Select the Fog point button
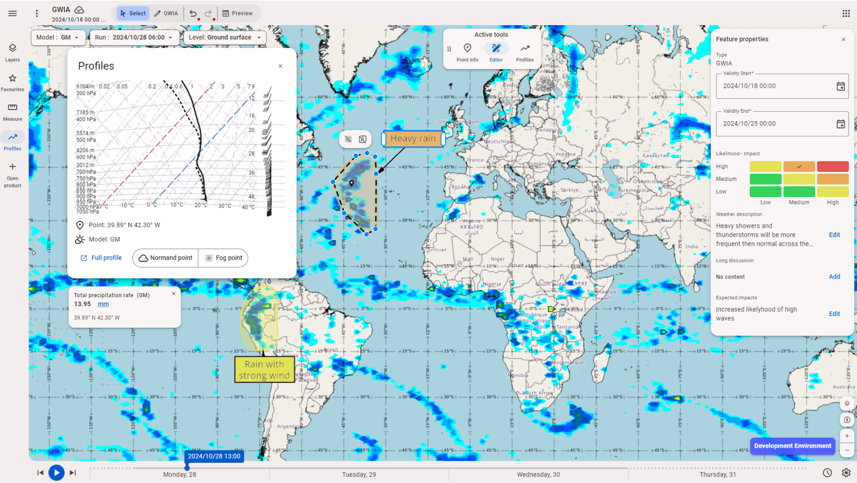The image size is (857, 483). click(223, 258)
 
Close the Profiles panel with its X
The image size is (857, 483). click(280, 66)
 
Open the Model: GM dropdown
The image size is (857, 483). click(58, 37)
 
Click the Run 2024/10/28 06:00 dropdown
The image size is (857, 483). click(134, 37)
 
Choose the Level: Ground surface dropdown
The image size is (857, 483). click(224, 37)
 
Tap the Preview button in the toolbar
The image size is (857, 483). click(238, 13)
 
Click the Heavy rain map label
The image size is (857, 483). click(413, 138)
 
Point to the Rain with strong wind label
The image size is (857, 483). click(264, 370)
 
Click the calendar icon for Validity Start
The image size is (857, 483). click(840, 86)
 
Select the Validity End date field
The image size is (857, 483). click(776, 124)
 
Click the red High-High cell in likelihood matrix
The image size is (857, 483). click(832, 166)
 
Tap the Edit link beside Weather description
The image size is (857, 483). click(834, 235)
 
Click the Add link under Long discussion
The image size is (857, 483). click(834, 277)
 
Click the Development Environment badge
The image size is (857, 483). click(792, 446)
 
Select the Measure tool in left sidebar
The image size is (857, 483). click(12, 111)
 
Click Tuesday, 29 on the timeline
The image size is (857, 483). click(359, 475)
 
